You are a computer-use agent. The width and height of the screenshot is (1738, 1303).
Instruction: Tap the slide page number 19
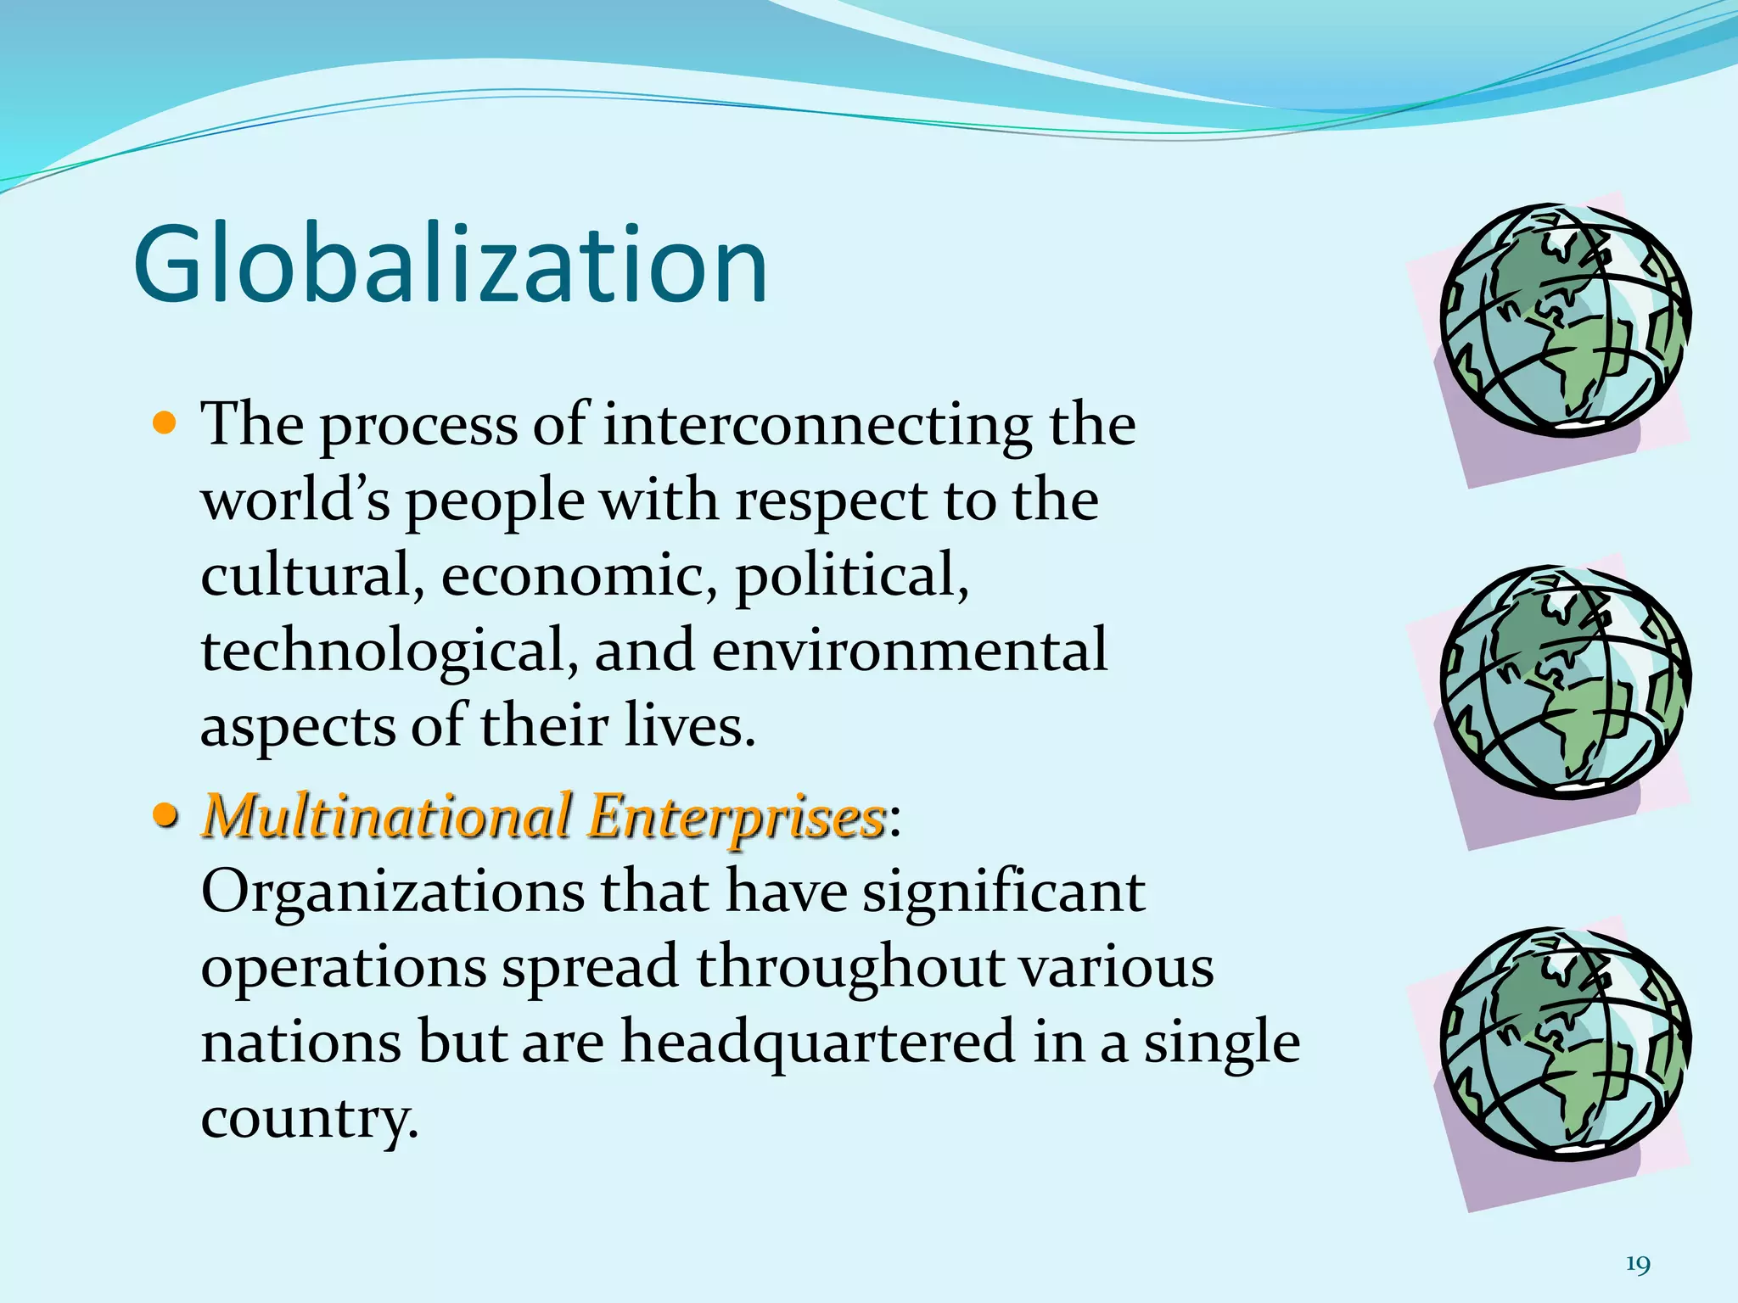[x=1638, y=1265]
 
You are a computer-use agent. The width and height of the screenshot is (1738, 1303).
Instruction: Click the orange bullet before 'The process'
[x=165, y=422]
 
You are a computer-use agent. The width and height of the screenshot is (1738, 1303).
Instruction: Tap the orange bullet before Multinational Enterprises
[x=165, y=815]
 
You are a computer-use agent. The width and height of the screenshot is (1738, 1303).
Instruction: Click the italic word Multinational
[x=387, y=816]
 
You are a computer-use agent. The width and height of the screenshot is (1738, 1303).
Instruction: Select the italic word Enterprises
[x=737, y=818]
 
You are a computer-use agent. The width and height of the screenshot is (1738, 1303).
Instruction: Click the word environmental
[x=909, y=651]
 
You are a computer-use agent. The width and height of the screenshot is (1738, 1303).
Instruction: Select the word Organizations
[x=393, y=894]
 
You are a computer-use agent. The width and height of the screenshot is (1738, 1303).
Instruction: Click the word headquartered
[x=818, y=1043]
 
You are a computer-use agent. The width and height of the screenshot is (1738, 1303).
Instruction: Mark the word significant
[x=1004, y=894]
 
